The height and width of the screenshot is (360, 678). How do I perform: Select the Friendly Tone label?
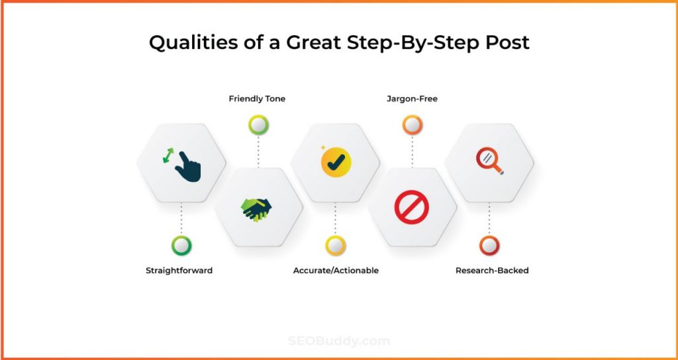point(257,99)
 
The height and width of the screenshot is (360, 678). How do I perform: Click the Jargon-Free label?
point(412,99)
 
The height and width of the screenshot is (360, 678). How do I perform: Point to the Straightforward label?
point(179,271)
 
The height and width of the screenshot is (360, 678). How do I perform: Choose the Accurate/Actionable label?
point(336,271)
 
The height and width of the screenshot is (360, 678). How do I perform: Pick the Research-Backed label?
point(492,271)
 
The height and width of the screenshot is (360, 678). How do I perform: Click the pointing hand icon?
point(187,167)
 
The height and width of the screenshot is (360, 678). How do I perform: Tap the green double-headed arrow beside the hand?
point(168,156)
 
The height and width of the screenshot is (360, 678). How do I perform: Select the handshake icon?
point(256,210)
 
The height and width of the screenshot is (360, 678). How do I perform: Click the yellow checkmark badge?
point(336,162)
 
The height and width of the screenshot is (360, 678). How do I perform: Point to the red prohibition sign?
point(412,207)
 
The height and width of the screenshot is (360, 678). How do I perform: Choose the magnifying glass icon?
point(489,161)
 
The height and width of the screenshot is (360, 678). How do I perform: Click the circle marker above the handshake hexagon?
point(259,125)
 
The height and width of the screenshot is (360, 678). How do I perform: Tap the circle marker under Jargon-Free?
point(412,125)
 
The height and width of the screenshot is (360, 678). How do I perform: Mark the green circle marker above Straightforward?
point(181,246)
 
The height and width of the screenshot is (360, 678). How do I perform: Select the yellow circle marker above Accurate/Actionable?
point(336,246)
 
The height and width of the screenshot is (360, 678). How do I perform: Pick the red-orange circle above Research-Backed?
point(489,246)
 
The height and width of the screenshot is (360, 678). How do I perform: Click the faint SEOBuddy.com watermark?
point(339,341)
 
